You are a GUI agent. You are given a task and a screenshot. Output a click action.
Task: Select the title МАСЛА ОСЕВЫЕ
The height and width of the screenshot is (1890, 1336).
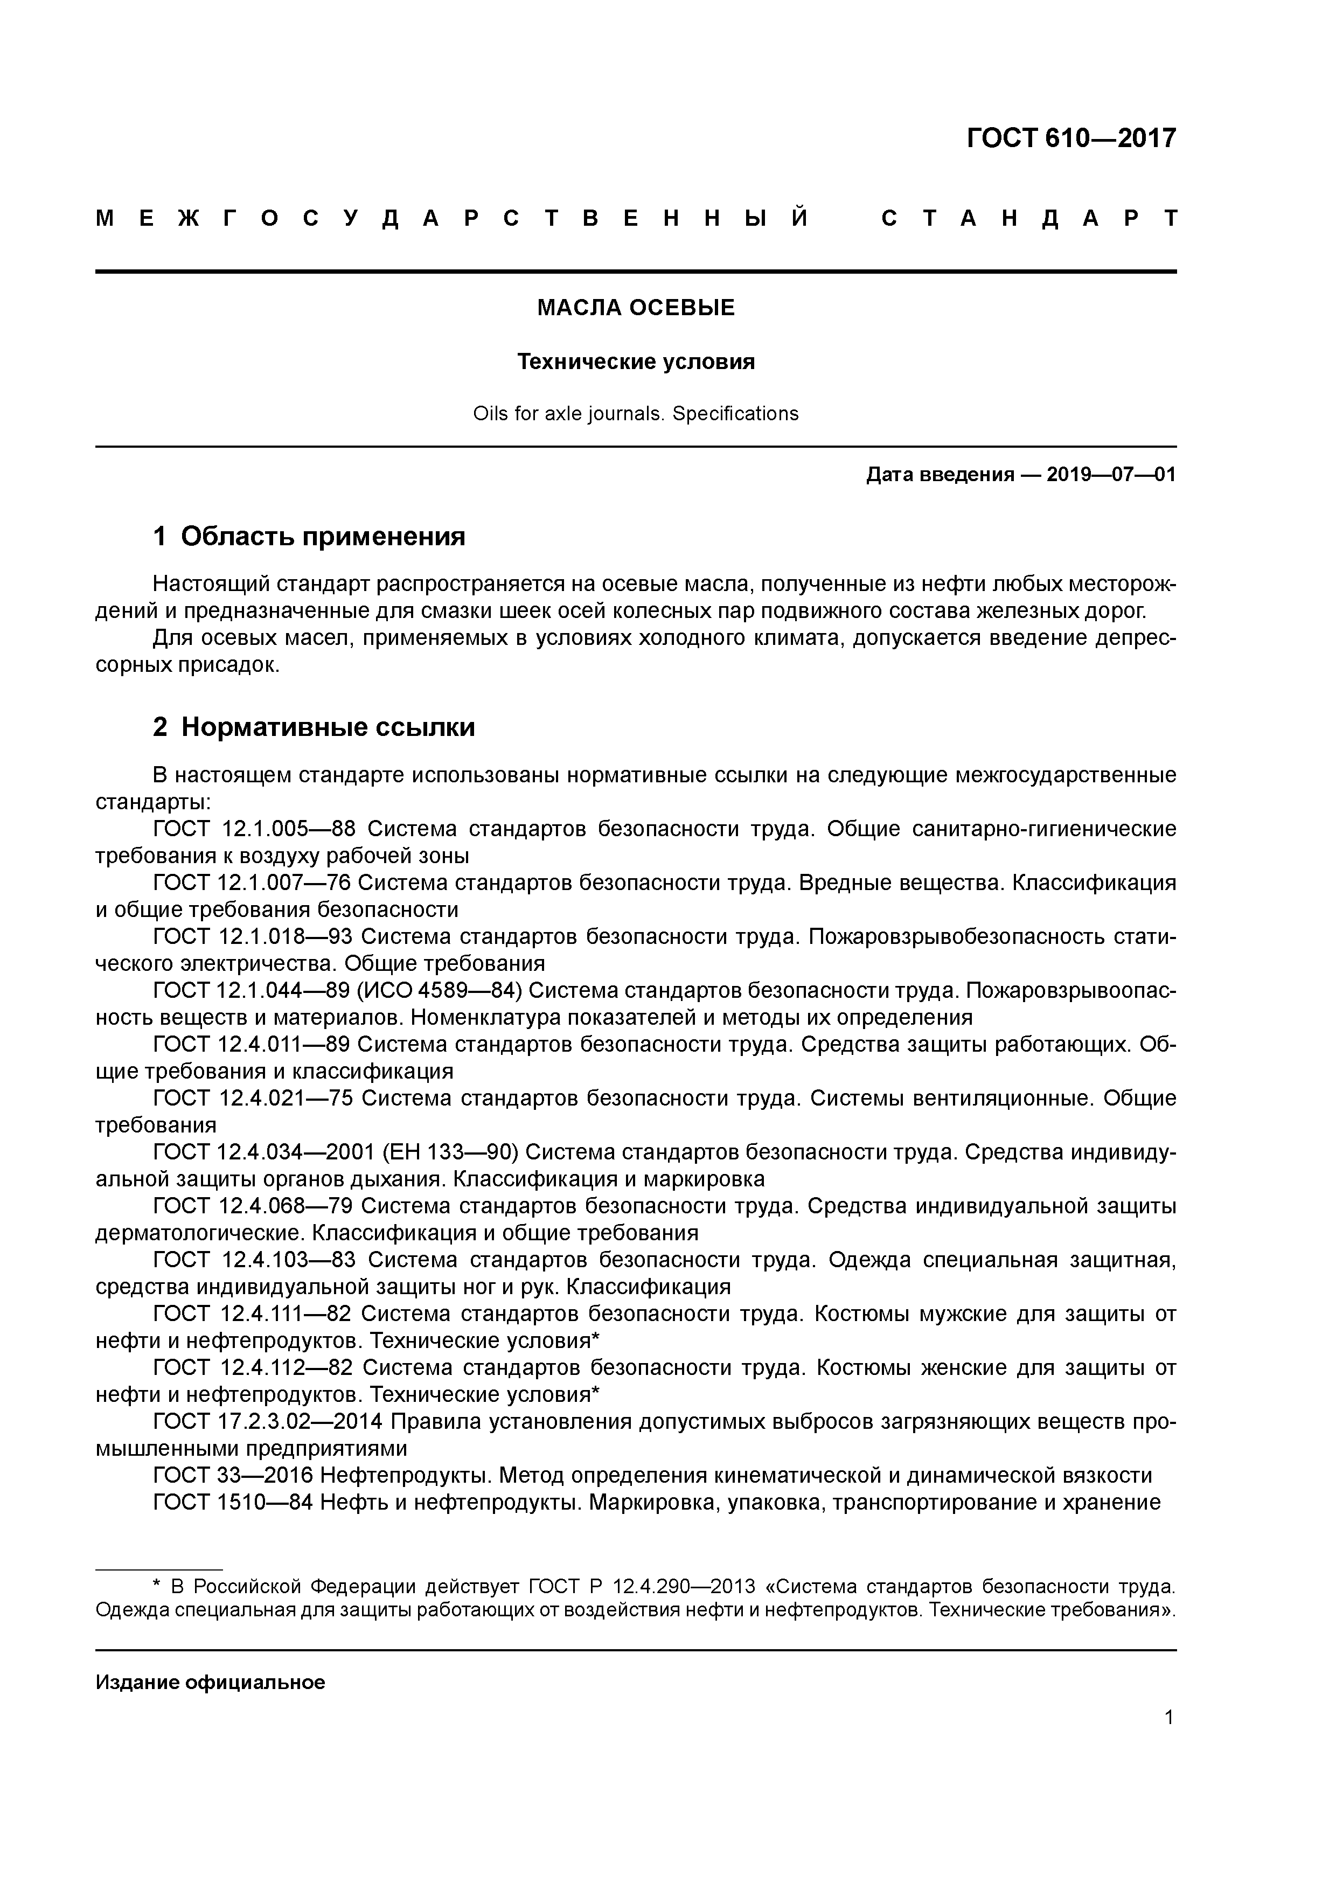636,308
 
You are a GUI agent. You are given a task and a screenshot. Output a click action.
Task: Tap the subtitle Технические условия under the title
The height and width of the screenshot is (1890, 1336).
636,362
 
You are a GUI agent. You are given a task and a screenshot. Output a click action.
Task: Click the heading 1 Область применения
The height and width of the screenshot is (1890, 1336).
309,537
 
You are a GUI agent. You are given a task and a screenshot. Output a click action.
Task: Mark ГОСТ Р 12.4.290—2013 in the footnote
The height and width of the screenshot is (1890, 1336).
641,1586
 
